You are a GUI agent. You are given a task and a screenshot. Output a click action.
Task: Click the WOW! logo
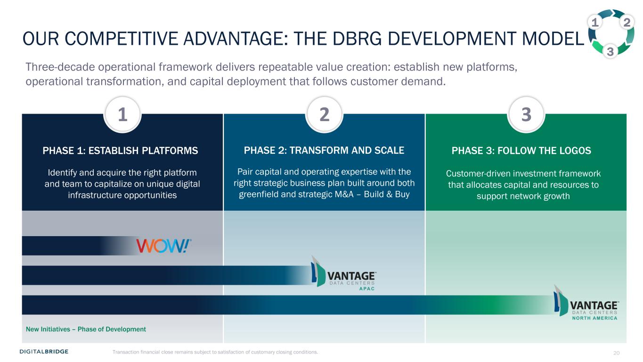pyautogui.click(x=163, y=246)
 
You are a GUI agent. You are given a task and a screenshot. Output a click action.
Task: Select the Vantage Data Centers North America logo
pyautogui.click(x=586, y=303)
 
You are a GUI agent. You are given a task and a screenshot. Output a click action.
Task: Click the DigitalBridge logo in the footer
pyautogui.click(x=44, y=352)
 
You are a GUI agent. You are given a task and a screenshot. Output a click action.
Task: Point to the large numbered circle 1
pyautogui.click(x=122, y=115)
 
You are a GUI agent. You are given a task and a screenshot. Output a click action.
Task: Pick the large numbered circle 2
pyautogui.click(x=325, y=115)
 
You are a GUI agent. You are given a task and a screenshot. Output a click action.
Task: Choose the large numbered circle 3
pyautogui.click(x=526, y=115)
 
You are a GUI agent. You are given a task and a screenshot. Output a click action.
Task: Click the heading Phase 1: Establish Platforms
pyautogui.click(x=120, y=150)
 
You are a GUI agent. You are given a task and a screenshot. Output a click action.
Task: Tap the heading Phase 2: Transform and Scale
pyautogui.click(x=324, y=150)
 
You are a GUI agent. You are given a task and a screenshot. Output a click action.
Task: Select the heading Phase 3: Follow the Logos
pyautogui.click(x=521, y=150)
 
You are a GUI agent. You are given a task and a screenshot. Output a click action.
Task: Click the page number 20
pyautogui.click(x=616, y=353)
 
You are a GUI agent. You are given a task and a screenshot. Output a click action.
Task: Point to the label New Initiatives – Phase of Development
pyautogui.click(x=86, y=329)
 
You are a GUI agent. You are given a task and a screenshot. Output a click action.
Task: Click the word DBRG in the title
pyautogui.click(x=357, y=39)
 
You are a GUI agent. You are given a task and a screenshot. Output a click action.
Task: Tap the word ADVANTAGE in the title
pyautogui.click(x=234, y=39)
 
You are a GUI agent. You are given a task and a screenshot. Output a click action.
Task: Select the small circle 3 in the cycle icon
pyautogui.click(x=610, y=52)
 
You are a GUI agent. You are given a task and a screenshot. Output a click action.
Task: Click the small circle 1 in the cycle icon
pyautogui.click(x=595, y=22)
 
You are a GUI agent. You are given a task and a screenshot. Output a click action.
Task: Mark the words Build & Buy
pyautogui.click(x=387, y=194)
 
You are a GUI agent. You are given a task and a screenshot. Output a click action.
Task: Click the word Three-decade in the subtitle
pyautogui.click(x=60, y=67)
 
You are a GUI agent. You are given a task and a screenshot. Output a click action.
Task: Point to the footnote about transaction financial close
pyautogui.click(x=215, y=352)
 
